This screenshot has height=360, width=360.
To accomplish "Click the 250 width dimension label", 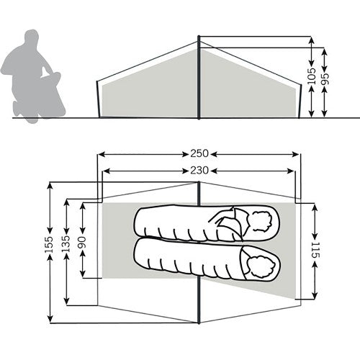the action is [x=199, y=153].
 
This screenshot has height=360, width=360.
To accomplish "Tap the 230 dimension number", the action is [x=199, y=171].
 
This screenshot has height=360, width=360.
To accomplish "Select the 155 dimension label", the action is [x=49, y=245].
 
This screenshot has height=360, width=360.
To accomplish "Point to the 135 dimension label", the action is [x=66, y=243].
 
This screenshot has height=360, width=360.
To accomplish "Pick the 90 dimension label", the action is [x=82, y=243].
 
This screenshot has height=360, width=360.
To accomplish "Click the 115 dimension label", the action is [x=315, y=250].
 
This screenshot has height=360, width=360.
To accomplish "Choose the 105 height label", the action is [x=312, y=76].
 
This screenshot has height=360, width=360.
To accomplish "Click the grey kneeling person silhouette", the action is [x=33, y=76].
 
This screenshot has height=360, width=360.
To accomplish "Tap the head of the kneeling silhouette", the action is [x=32, y=38].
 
